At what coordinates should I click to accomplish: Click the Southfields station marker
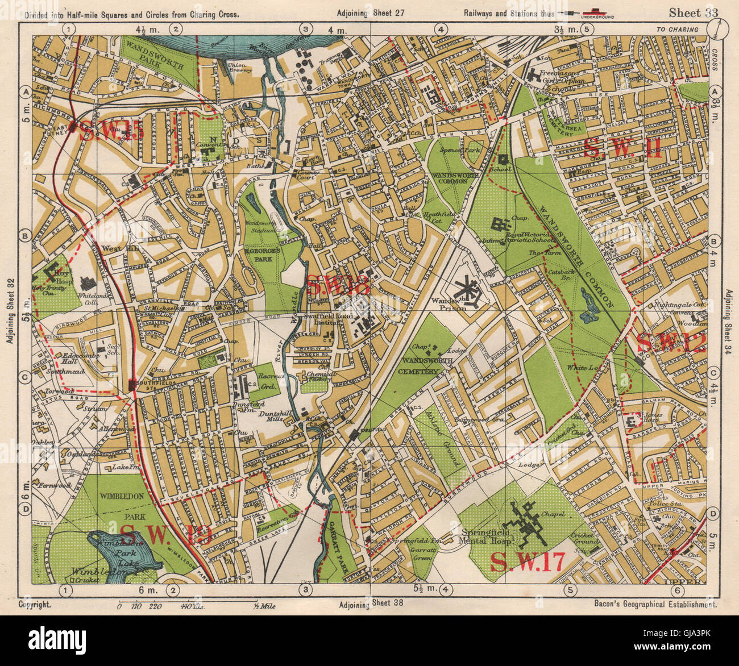pos(132,385)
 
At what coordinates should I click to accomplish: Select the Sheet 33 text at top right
pos(694,13)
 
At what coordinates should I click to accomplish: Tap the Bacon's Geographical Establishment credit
pos(654,605)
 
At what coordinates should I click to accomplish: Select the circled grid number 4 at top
pos(439,28)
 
